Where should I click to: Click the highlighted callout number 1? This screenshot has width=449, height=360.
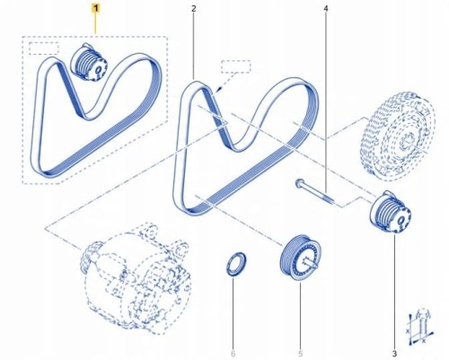tap(96, 9)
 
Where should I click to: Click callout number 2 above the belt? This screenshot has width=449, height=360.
tap(194, 9)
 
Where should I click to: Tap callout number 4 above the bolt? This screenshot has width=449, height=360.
tap(326, 9)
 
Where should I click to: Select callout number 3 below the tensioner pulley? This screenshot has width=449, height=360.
tap(394, 354)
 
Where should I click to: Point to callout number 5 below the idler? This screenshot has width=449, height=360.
tap(300, 354)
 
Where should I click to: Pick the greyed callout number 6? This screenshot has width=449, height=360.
tap(233, 354)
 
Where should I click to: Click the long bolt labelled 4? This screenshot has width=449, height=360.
tap(316, 191)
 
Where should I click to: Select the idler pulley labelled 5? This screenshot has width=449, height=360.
tap(301, 258)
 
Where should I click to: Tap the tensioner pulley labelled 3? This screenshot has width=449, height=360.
tap(391, 214)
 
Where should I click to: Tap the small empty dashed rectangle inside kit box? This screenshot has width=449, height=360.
tap(44, 48)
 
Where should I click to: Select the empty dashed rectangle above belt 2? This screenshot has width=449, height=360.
tap(236, 66)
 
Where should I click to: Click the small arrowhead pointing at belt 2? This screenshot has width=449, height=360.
tap(219, 88)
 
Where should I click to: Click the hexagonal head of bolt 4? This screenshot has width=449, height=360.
tap(299, 182)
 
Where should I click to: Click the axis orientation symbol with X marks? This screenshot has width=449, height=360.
tap(420, 325)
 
